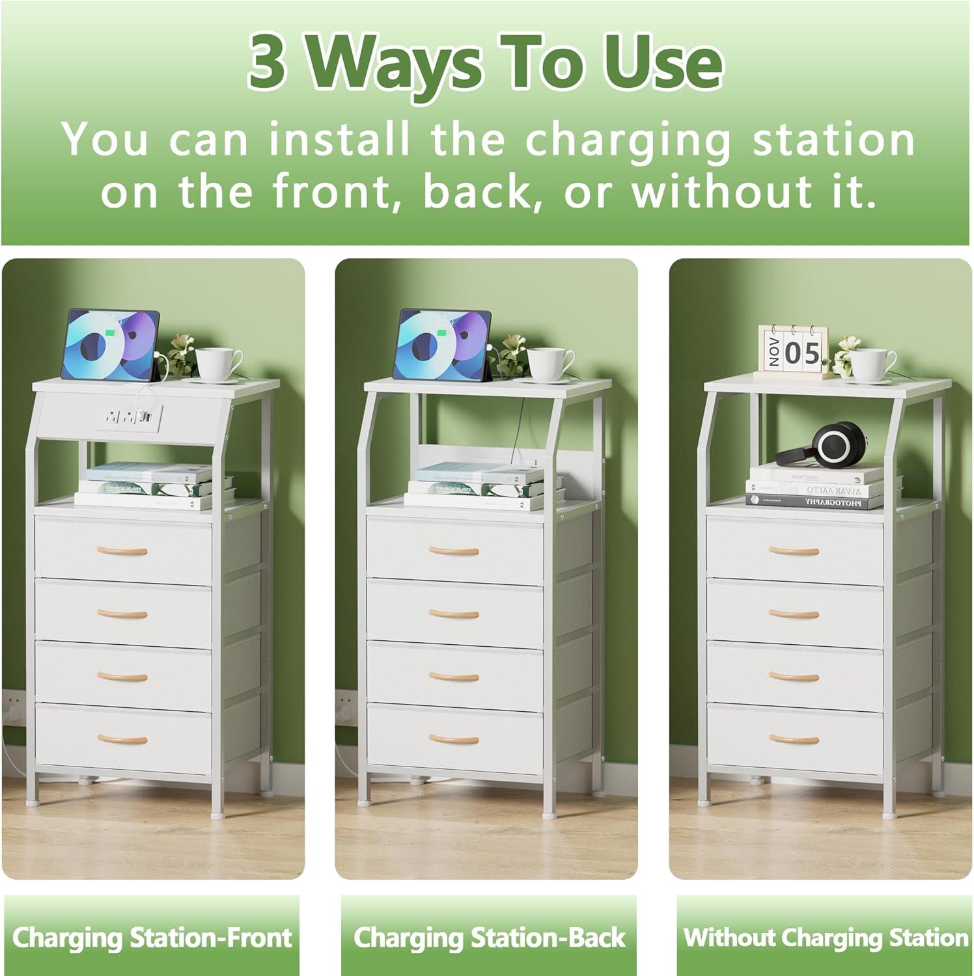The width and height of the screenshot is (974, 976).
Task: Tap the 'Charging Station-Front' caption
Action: [152, 938]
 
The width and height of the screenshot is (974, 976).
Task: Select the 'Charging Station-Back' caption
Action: [489, 938]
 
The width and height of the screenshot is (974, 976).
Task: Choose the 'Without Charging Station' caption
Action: [826, 938]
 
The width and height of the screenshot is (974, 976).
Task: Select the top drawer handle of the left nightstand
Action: [122, 552]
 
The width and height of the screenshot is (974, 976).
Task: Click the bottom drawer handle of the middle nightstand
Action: [454, 739]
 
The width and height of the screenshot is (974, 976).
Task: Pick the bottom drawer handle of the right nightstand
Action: [794, 739]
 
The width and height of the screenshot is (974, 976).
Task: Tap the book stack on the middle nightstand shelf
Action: [474, 486]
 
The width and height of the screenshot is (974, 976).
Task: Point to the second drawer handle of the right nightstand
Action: [794, 614]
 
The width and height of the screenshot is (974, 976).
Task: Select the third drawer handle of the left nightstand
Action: [122, 677]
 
